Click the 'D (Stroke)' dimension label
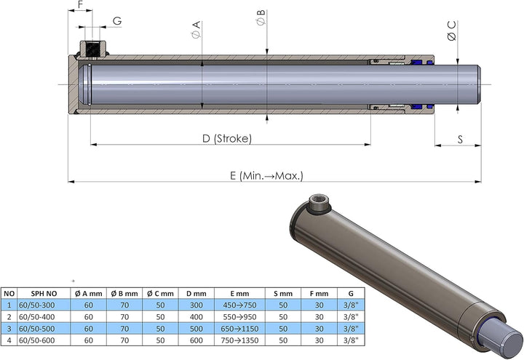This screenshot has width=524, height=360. [x=227, y=139]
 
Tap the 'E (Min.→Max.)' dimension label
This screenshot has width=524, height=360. [x=266, y=176]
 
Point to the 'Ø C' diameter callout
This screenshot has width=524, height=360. [x=452, y=31]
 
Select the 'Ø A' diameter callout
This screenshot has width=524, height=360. [x=196, y=29]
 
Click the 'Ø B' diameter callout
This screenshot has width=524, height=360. [x=261, y=17]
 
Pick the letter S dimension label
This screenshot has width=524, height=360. [x=460, y=139]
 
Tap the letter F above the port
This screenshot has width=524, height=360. [x=81, y=4]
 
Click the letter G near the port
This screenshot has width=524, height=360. [x=117, y=21]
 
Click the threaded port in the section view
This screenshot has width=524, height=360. [x=92, y=49]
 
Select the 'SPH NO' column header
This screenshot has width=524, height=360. [x=44, y=294]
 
